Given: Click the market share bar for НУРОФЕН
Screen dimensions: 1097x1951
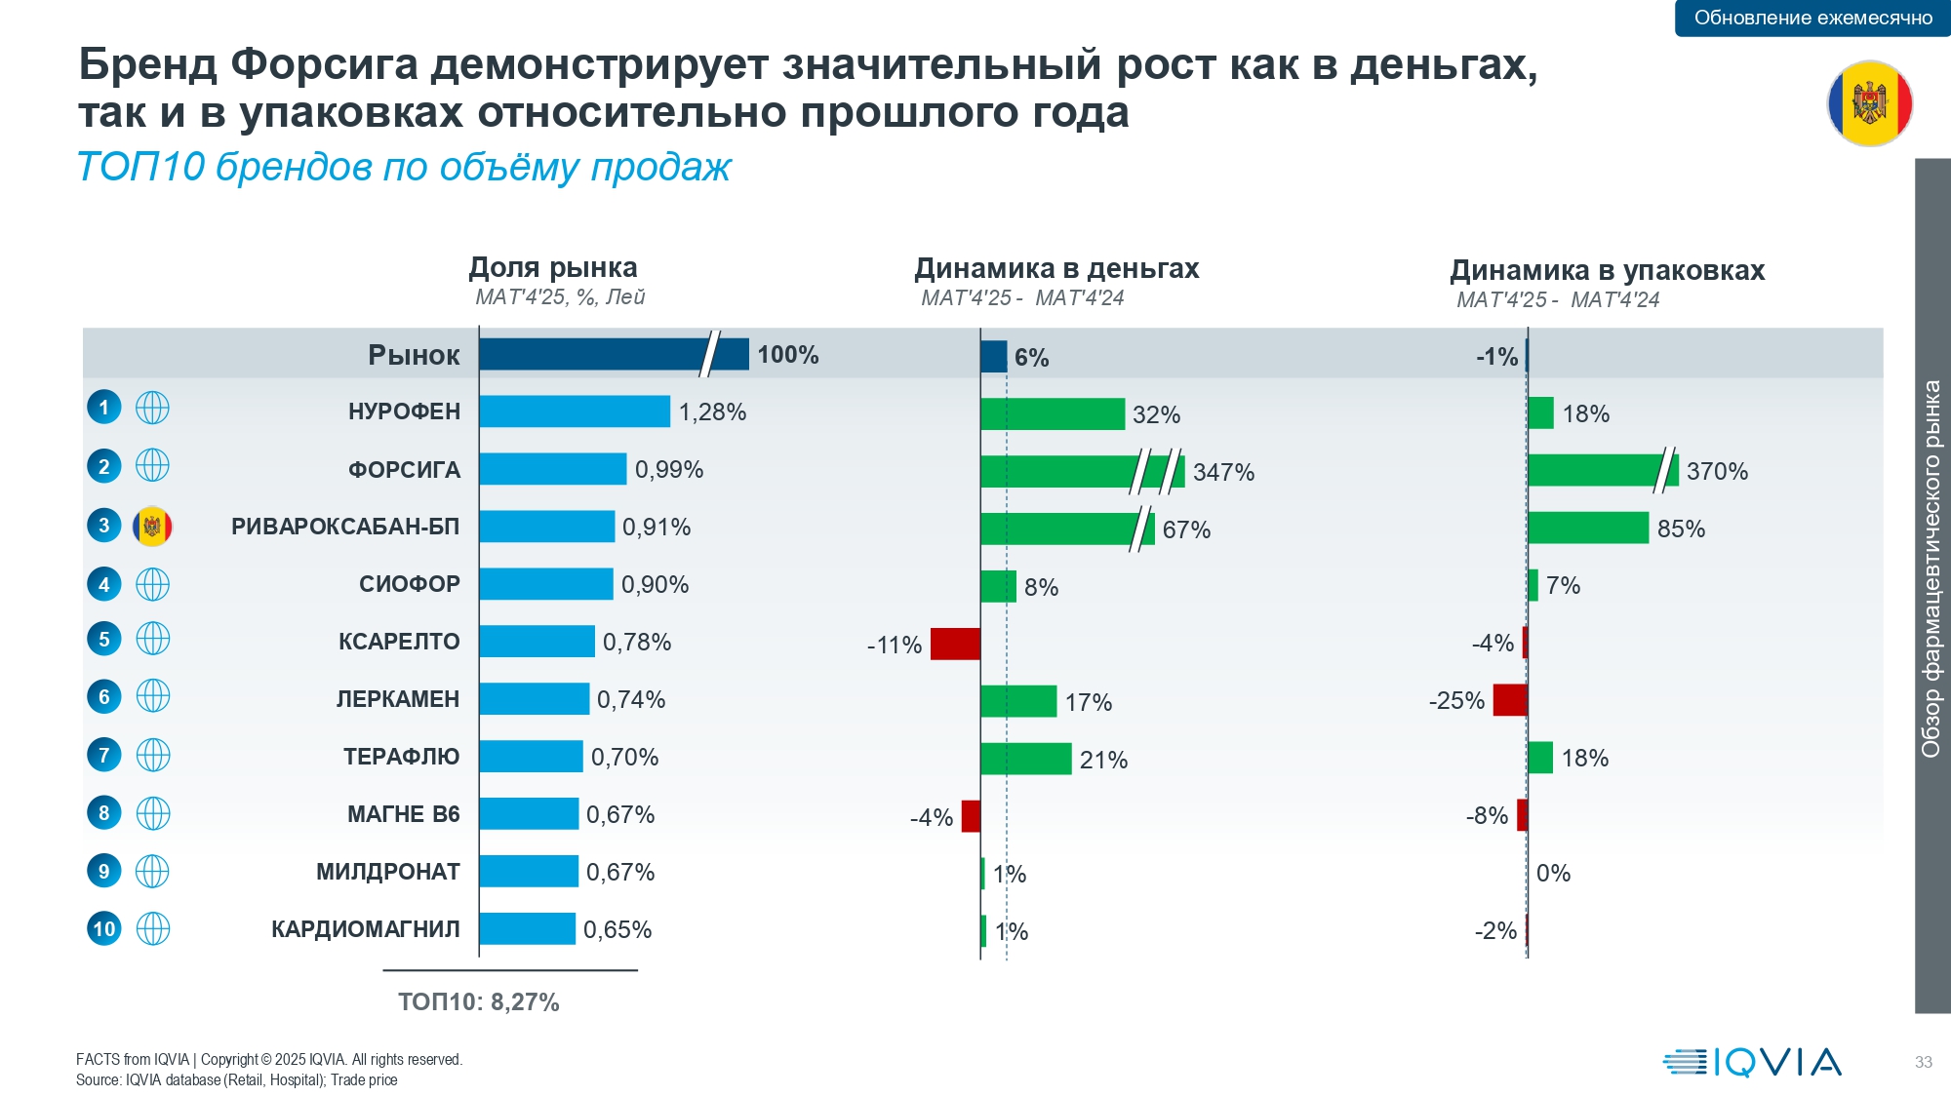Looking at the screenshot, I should pos(574,411).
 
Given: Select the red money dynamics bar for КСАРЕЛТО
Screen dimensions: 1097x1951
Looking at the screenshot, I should pos(955,645).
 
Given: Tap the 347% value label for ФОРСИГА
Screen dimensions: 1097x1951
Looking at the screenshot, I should pos(1223,473).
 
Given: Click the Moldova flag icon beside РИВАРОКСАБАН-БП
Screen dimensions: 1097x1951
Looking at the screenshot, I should pos(152,527).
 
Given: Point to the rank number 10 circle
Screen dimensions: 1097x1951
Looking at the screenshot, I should pos(104,929).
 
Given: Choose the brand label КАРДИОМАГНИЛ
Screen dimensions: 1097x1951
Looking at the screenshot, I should pos(365,929).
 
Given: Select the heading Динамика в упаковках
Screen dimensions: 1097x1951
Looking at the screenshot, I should pos(1607,270).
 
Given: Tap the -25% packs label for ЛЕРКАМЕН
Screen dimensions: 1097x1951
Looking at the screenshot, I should pos(1456,701).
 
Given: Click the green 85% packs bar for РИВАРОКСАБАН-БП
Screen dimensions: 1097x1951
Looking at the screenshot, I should pos(1587,529).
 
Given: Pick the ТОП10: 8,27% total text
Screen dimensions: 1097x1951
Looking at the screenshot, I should pos(478,1002).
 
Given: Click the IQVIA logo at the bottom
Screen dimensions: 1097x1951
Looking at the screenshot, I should pos(1752,1062).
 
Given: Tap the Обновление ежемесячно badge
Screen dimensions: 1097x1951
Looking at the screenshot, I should pos(1812,18).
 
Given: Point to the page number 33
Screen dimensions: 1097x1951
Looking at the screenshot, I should pos(1923,1062).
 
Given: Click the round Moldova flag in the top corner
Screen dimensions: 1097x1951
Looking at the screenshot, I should pos(1869,103).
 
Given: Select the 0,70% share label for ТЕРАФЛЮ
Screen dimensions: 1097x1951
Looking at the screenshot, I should pos(624,758).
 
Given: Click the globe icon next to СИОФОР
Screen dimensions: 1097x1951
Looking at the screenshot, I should pos(152,584).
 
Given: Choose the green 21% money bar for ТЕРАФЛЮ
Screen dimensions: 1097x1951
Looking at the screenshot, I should pos(1025,759).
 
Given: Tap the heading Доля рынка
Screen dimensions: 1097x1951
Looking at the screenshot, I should pos(552,267).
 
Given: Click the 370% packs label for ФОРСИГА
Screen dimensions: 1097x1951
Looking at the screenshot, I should pos(1717,472).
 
